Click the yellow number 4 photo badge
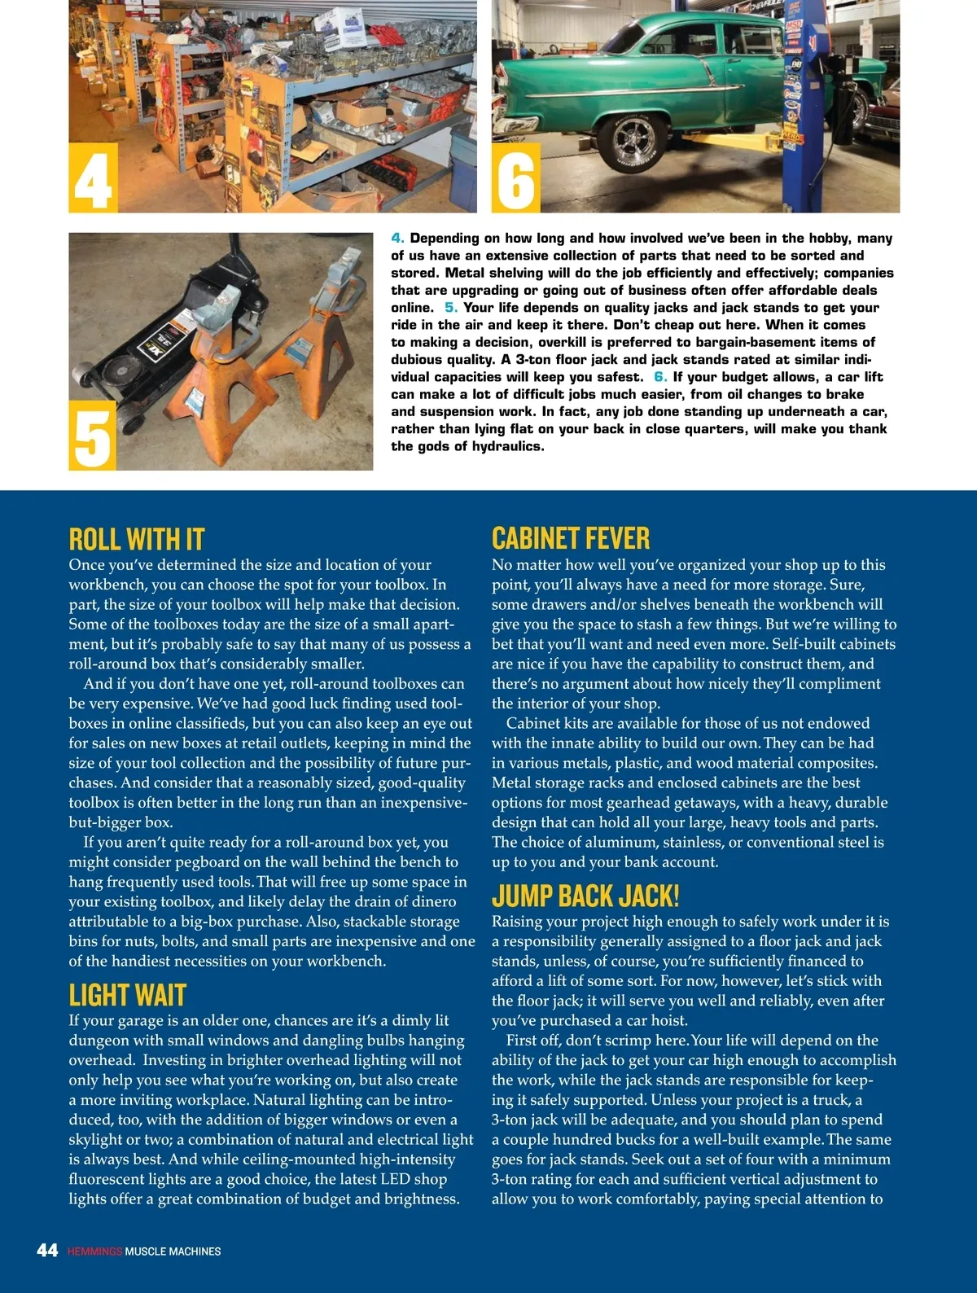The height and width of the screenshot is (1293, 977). click(x=93, y=178)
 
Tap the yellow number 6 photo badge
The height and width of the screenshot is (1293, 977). click(x=515, y=178)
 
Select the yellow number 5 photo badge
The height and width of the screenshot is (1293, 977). click(x=92, y=436)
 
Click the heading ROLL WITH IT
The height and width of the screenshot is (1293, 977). click(x=136, y=539)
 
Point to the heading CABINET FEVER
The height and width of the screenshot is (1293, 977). click(x=571, y=538)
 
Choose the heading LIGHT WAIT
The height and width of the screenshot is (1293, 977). click(x=127, y=995)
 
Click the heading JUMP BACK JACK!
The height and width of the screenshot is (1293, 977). click(x=585, y=896)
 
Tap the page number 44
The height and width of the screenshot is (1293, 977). click(x=47, y=1250)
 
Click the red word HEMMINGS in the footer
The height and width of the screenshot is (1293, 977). click(x=94, y=1251)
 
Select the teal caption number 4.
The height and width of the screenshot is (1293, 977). click(x=397, y=238)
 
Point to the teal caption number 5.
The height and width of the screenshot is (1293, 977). click(x=451, y=308)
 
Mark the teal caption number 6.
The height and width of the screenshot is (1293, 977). click(x=660, y=377)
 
